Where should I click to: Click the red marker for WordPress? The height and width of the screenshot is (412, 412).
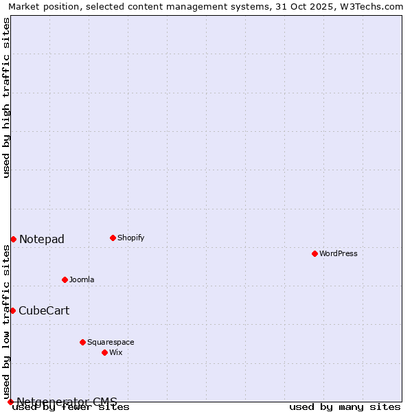click(314, 253)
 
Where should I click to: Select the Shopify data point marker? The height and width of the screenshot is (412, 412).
click(113, 238)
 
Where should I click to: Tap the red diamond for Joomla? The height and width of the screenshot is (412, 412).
click(65, 279)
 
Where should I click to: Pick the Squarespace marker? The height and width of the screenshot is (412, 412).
click(82, 342)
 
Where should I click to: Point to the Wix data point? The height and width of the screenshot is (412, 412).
click(104, 352)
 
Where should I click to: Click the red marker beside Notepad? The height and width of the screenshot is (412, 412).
click(13, 239)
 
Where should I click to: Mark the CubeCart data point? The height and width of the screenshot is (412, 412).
click(12, 310)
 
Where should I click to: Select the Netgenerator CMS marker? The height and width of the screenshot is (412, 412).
click(10, 402)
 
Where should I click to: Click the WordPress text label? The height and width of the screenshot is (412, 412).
click(339, 253)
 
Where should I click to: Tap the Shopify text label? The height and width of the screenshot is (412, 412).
click(130, 238)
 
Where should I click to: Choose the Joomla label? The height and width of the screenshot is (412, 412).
click(82, 279)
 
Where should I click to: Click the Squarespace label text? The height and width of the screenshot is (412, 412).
click(111, 342)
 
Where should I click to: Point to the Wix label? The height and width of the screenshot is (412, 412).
click(115, 352)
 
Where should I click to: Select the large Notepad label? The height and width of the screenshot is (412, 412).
click(42, 239)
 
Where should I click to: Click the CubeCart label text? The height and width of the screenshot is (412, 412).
click(44, 310)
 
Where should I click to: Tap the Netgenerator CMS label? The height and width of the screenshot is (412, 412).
click(67, 402)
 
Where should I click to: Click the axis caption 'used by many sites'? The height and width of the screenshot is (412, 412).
click(345, 407)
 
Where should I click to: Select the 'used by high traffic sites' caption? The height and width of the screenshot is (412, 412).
click(6, 98)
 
